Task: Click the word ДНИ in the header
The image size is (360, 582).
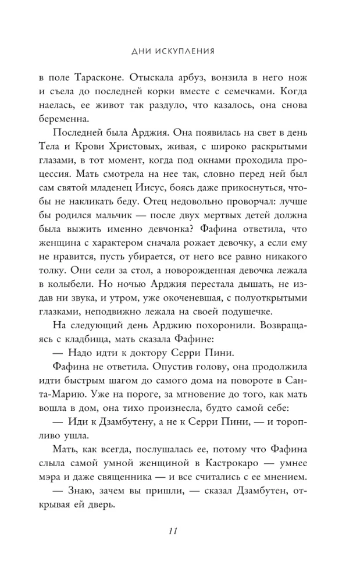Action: [143, 51]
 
